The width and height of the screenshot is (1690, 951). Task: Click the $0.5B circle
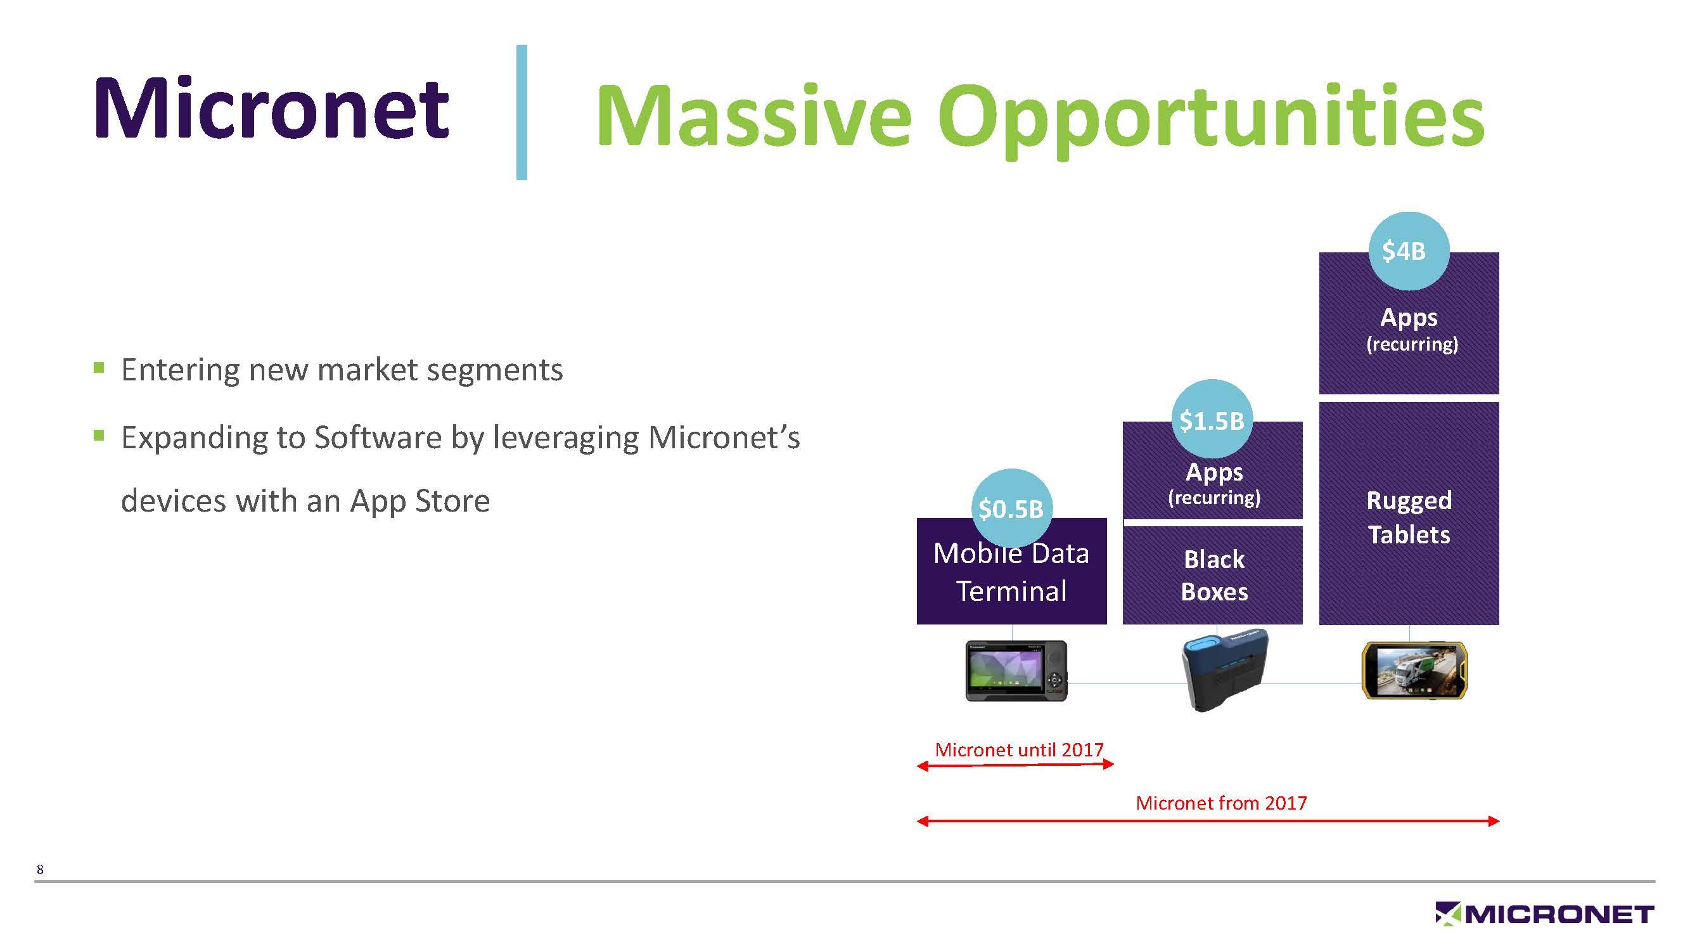tap(1011, 508)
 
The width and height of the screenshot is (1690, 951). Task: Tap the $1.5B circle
tap(1212, 419)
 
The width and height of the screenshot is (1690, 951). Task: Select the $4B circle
tap(1408, 250)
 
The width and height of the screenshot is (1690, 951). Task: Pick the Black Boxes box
tap(1213, 576)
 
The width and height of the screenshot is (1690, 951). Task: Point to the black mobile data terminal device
tap(1016, 671)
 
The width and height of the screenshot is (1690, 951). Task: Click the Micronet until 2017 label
tap(1019, 749)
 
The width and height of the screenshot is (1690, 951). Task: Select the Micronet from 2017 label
tap(1221, 803)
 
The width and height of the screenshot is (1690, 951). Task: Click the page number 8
tap(40, 870)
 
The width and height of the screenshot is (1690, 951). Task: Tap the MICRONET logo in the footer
tap(1544, 914)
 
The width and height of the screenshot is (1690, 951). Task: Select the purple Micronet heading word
tap(272, 108)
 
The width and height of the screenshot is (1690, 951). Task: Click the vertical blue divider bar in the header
tap(522, 112)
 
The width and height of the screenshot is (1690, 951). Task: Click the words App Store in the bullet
tap(420, 501)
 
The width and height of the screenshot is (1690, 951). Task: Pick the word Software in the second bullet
tap(377, 437)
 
